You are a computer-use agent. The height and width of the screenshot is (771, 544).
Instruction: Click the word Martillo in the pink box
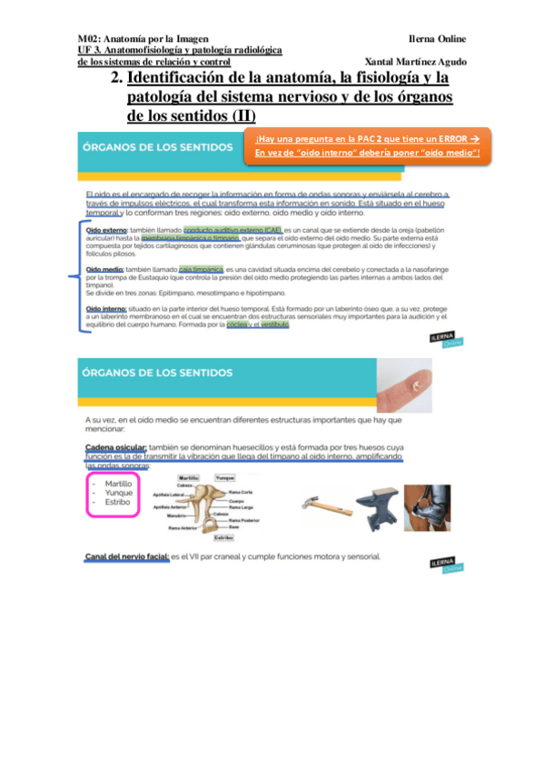click(118, 484)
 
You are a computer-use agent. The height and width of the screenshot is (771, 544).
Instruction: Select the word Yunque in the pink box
click(118, 493)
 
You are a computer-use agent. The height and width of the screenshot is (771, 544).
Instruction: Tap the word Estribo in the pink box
click(117, 502)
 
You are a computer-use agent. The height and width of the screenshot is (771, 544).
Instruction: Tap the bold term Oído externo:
click(106, 231)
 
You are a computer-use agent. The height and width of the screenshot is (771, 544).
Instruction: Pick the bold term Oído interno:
click(106, 310)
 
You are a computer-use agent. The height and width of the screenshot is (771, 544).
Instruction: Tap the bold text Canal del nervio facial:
click(127, 556)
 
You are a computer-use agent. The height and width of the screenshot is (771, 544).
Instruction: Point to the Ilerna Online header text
click(437, 39)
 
